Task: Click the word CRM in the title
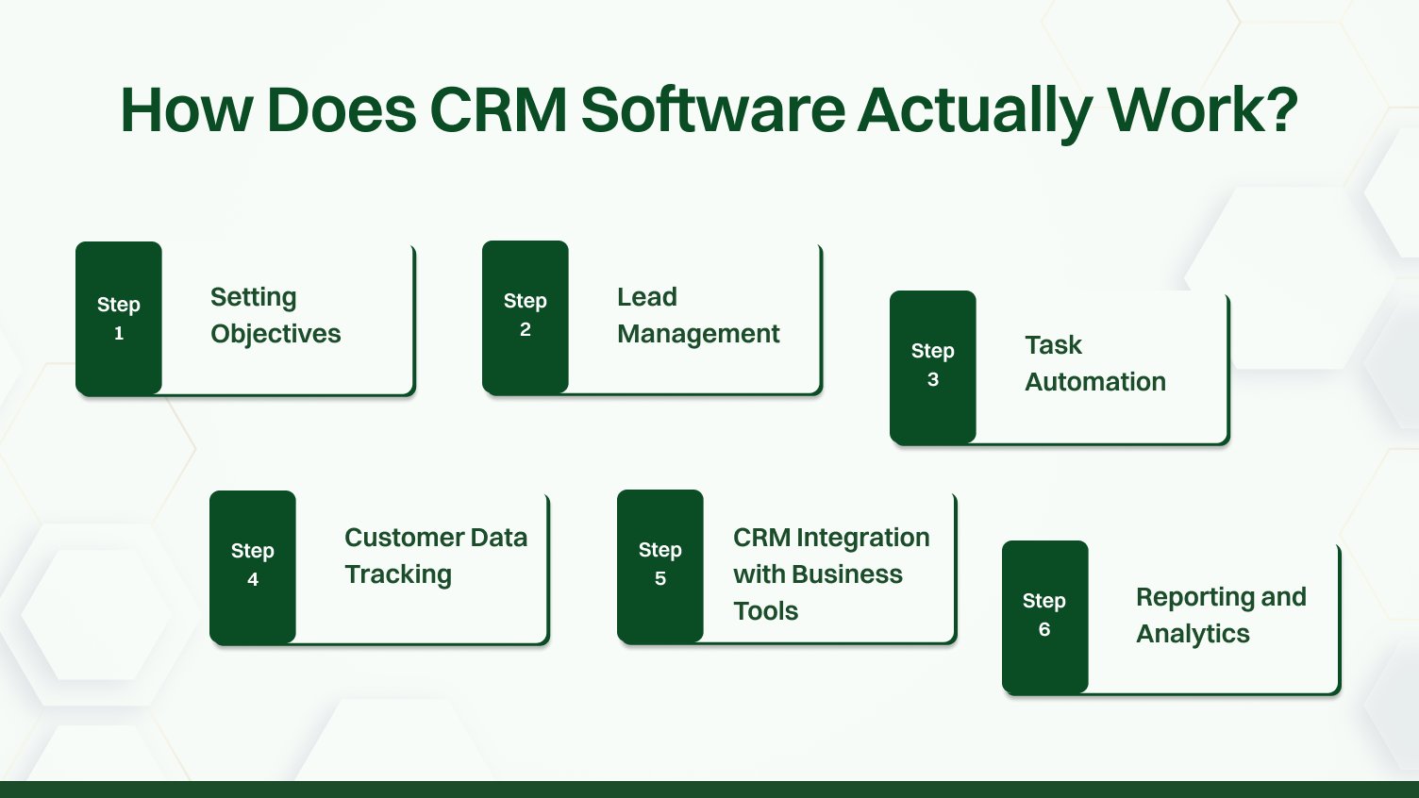(498, 109)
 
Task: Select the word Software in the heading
(712, 109)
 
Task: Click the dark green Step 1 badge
(119, 318)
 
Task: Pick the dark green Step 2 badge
(526, 316)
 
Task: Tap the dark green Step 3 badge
(933, 366)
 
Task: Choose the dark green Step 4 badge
(253, 566)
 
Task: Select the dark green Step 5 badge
(660, 565)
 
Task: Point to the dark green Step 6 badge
(1044, 616)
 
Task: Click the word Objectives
(275, 334)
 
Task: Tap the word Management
(698, 334)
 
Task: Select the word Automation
(1095, 382)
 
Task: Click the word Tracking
(398, 574)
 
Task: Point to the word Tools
(766, 611)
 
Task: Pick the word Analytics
(1193, 634)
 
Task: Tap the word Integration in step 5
(863, 538)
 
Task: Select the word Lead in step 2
(647, 297)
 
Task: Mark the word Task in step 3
(1053, 345)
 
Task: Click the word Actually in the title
(975, 109)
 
